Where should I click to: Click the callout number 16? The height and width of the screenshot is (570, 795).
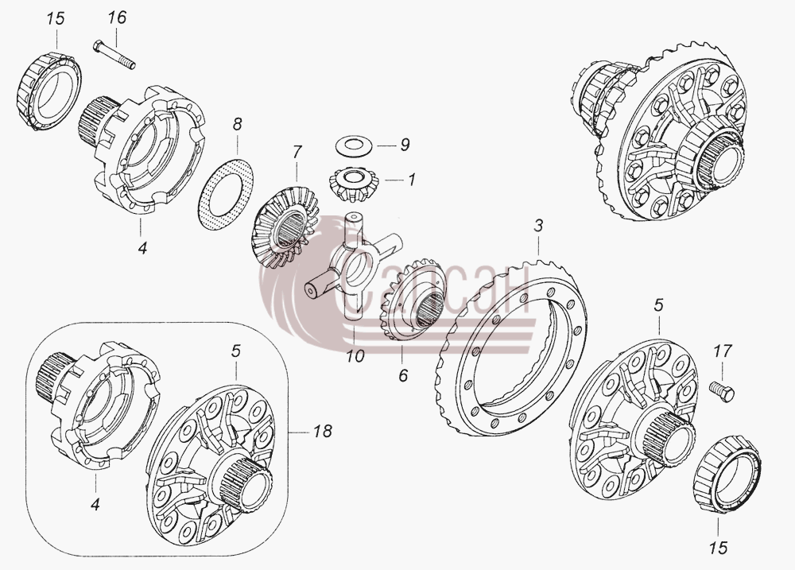click(x=117, y=17)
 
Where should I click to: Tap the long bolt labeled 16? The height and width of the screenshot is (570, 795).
click(x=114, y=55)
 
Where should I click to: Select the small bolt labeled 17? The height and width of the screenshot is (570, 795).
click(x=722, y=391)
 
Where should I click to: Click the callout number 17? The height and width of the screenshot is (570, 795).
click(x=723, y=351)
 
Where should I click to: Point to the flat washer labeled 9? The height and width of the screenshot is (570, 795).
click(x=354, y=144)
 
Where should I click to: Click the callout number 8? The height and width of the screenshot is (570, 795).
click(x=237, y=124)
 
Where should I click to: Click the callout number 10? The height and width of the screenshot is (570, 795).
click(x=355, y=356)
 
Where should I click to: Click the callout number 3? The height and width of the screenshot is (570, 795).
click(x=538, y=225)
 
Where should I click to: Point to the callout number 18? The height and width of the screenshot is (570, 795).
click(x=322, y=431)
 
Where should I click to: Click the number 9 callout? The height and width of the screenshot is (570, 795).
click(x=404, y=145)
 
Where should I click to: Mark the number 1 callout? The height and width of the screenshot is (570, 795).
click(x=411, y=180)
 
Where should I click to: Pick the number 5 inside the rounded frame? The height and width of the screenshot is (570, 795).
click(x=235, y=351)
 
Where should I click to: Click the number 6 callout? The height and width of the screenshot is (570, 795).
click(x=403, y=376)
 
